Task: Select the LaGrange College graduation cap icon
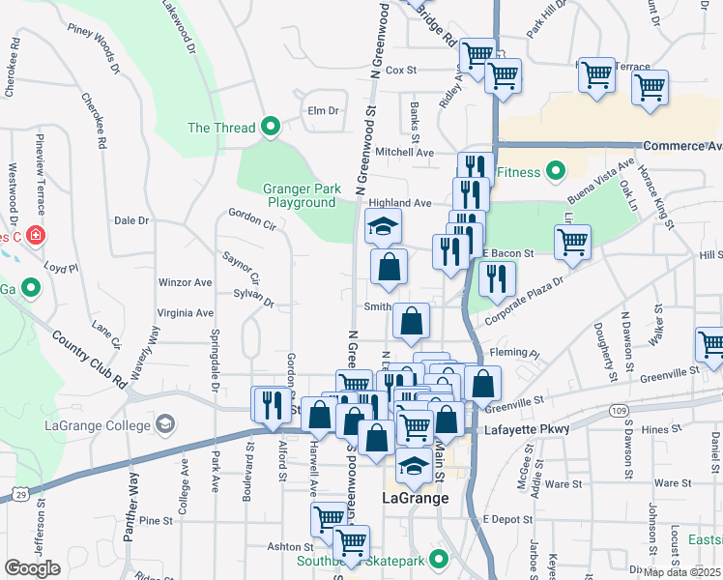(165, 423)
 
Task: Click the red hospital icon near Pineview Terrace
(36, 235)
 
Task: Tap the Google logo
(32, 567)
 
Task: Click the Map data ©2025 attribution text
(682, 572)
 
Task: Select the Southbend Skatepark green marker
(439, 559)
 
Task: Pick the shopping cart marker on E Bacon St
(572, 242)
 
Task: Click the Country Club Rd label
(90, 360)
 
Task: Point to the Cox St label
(399, 71)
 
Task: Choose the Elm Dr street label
(323, 110)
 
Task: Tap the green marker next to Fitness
(555, 173)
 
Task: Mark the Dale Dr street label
(130, 220)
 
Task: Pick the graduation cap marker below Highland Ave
(383, 228)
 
